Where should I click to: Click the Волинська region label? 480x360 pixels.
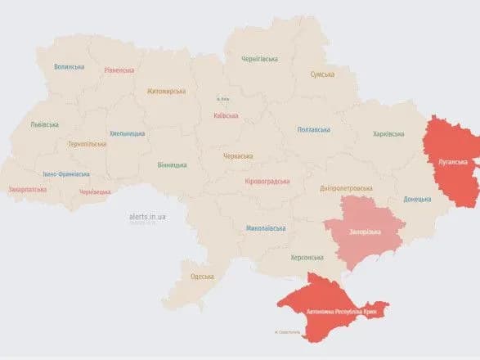point(70,67)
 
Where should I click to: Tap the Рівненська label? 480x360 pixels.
point(119,70)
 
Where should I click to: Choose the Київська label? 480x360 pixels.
point(226,116)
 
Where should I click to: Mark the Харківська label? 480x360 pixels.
point(388,133)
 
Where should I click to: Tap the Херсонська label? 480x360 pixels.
point(307,257)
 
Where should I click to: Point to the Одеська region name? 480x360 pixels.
point(203,277)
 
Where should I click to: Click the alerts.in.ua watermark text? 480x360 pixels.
point(147,217)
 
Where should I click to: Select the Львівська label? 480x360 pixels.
point(43,124)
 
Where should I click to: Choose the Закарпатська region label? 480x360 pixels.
point(29,189)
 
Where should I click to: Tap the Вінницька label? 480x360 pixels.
point(171,164)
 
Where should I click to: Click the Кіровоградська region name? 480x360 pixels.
point(267,180)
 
